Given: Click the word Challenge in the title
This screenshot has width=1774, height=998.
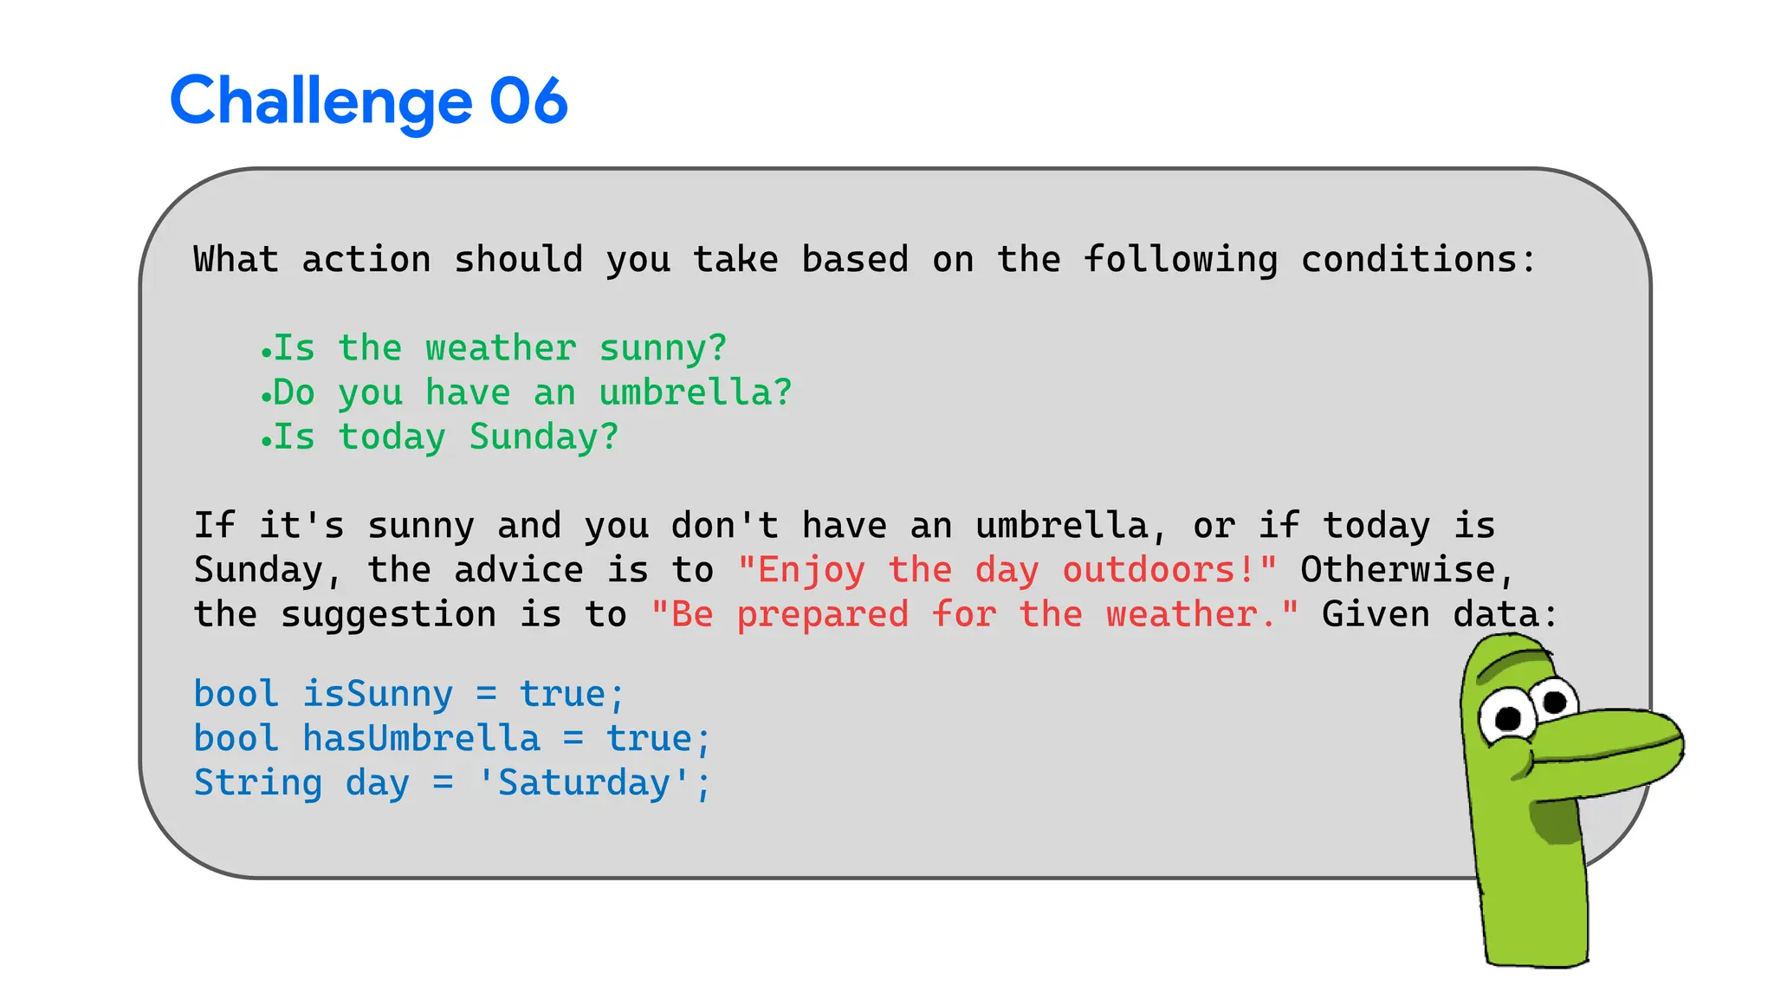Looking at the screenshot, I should (x=320, y=102).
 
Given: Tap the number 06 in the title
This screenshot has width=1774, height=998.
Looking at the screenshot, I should (x=528, y=100).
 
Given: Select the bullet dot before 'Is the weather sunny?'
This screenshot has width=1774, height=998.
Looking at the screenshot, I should (x=266, y=353).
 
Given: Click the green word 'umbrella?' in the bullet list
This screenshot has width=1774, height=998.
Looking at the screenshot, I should (x=696, y=392).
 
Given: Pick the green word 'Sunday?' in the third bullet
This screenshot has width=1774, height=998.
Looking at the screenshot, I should (x=544, y=437).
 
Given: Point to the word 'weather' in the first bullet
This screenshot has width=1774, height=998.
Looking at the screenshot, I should (x=501, y=348).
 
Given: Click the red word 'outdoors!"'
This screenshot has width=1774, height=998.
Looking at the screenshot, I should (x=1169, y=570).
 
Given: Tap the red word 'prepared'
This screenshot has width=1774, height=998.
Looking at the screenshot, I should (x=823, y=615).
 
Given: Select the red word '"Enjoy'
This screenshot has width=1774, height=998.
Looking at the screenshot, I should (x=801, y=570).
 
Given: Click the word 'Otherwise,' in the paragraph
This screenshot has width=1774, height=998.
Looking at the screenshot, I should (x=1408, y=570).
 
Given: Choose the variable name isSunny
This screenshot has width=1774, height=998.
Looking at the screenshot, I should (x=378, y=694).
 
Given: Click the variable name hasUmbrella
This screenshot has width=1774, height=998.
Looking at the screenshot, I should (x=421, y=738).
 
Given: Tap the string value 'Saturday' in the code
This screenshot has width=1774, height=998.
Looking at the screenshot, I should (x=584, y=782).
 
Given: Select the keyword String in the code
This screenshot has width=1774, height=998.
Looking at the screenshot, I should (x=258, y=782).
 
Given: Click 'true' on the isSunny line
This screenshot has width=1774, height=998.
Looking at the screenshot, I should (x=562, y=694).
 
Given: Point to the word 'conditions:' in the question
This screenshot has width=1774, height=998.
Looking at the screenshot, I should (x=1418, y=260).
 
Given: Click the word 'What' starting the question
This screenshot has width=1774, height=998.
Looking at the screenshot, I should (x=236, y=260).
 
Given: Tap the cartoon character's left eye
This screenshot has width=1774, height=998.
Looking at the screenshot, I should (x=1508, y=718).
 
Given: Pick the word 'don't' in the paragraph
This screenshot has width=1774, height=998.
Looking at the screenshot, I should (x=725, y=526).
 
